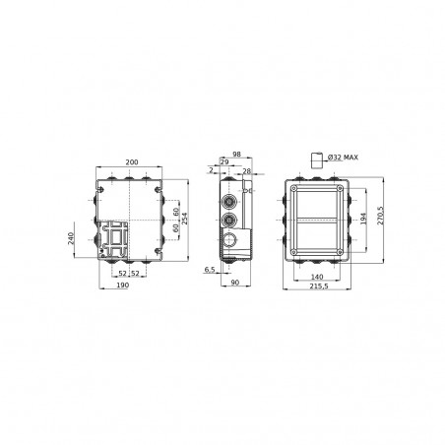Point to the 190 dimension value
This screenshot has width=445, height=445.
click(123, 286)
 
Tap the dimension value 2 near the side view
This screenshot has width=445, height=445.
click(211, 170)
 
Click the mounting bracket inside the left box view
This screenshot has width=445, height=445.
click(117, 239)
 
